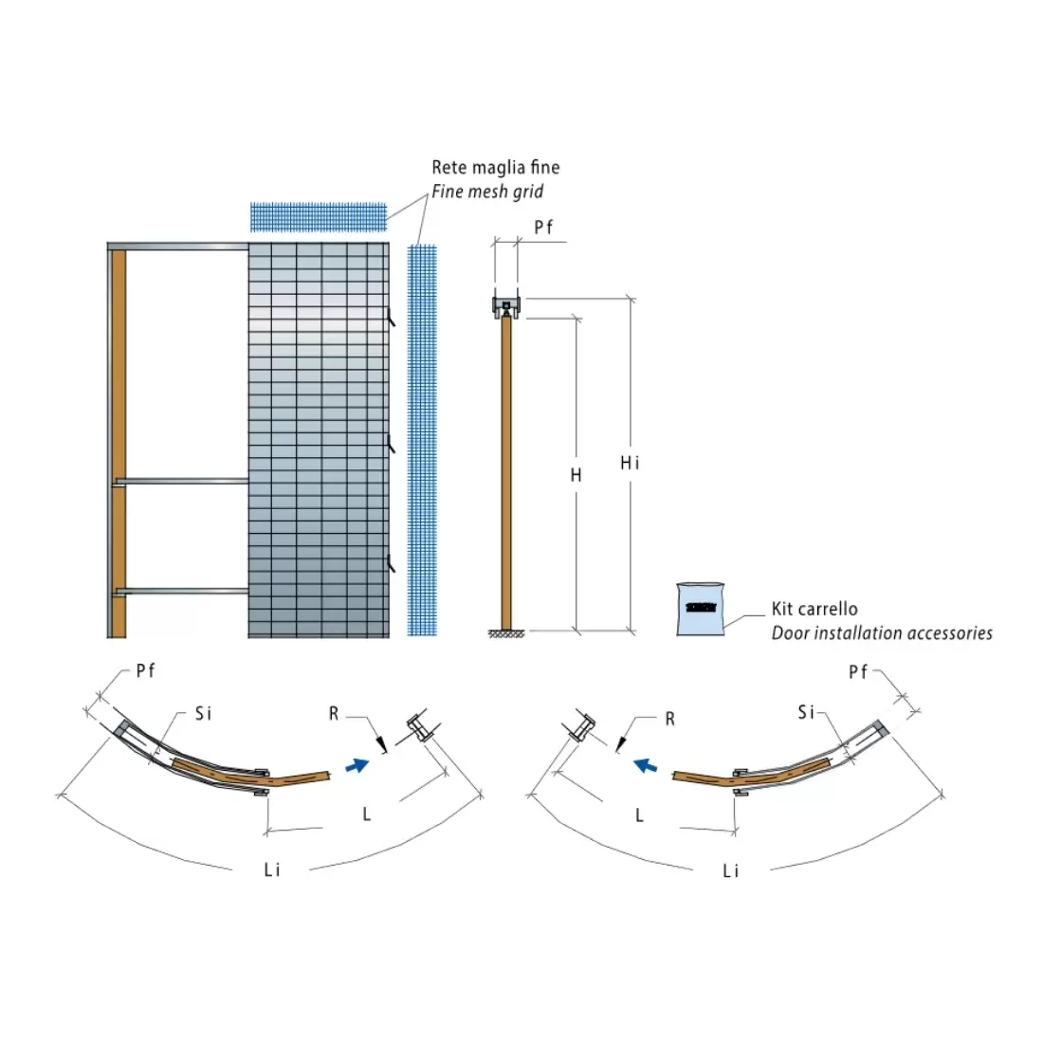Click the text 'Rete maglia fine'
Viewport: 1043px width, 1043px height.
tap(495, 168)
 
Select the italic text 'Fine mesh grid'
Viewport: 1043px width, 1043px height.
tap(487, 192)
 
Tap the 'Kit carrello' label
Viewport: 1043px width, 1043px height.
tap(814, 609)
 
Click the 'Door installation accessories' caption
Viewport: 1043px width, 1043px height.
tap(882, 633)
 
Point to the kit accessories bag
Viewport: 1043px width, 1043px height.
tap(701, 609)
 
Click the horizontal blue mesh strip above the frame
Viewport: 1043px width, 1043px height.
tap(319, 216)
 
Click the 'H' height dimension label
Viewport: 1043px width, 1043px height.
tap(576, 475)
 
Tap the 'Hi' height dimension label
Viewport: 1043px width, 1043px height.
tap(630, 463)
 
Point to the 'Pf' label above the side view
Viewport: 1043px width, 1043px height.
tap(543, 228)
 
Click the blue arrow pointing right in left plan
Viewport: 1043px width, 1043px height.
tap(357, 764)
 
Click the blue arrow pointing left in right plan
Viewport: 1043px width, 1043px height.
tap(647, 764)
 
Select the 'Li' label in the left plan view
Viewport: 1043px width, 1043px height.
tap(272, 869)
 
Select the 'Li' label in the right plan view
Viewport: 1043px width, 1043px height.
tap(730, 870)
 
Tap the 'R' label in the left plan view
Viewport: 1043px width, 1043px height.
tap(334, 713)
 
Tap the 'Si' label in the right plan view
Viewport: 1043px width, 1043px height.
tap(806, 712)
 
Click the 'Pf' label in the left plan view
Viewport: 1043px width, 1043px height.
tap(145, 671)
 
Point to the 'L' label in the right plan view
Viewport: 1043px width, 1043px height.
tap(640, 814)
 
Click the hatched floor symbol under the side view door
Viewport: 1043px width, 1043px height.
tap(506, 633)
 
